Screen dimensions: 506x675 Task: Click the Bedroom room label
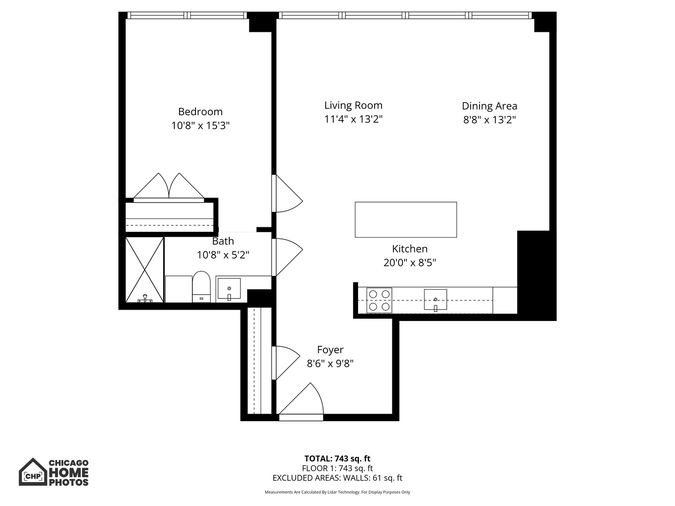200,112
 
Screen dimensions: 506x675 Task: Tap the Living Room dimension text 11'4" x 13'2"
353,119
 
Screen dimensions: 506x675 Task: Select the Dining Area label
489,106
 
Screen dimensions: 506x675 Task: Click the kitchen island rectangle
405,220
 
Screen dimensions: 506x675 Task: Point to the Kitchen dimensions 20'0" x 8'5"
410,263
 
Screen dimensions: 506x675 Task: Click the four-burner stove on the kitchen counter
379,300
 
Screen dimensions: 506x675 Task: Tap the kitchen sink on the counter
435,300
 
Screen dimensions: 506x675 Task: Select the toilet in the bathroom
202,286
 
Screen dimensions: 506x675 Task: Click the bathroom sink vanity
229,289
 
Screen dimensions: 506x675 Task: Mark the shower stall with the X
145,270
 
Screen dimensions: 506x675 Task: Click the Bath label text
223,241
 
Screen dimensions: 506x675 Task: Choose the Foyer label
330,350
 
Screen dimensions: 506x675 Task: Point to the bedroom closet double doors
169,187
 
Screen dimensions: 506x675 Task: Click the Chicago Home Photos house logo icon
33,472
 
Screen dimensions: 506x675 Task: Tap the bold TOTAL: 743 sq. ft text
337,459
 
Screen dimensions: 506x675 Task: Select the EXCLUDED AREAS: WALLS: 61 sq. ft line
337,478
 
